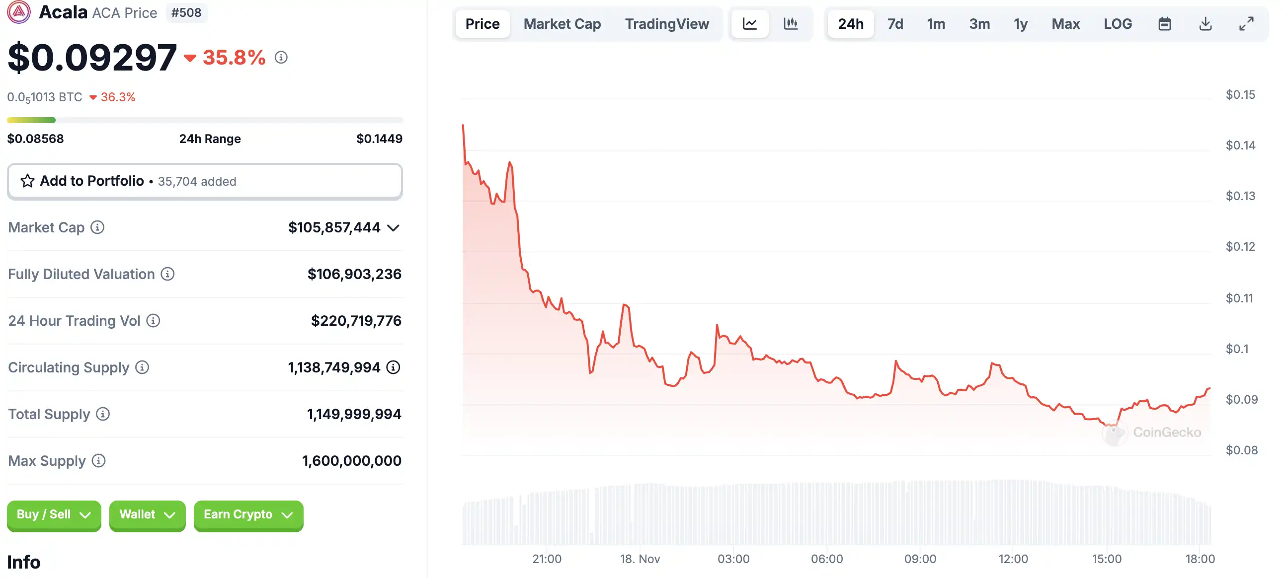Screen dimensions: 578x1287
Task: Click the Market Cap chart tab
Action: [562, 23]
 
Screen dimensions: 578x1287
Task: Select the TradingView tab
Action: [666, 23]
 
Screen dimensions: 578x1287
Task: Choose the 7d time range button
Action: [895, 23]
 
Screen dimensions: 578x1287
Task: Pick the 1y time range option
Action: [1020, 23]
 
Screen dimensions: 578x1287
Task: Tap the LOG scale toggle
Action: [1117, 23]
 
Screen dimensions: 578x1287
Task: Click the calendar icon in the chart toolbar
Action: [1164, 23]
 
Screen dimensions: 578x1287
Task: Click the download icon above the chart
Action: [1205, 23]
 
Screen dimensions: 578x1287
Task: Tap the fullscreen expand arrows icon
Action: [1246, 23]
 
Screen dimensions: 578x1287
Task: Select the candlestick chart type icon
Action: [791, 23]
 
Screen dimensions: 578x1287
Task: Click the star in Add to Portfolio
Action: [27, 181]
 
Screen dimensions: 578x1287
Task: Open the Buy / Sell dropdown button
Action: [54, 514]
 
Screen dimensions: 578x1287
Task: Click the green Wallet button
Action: [147, 514]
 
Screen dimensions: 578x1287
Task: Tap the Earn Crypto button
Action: [248, 514]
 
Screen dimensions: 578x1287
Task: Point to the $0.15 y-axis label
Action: [1240, 94]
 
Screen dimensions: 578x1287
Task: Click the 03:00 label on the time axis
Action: [733, 559]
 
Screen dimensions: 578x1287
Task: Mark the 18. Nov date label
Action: [640, 559]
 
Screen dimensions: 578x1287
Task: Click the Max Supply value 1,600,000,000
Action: [351, 460]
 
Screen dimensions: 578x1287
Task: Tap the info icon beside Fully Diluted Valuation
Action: [167, 274]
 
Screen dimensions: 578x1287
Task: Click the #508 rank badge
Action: [186, 12]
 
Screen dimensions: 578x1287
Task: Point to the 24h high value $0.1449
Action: [379, 138]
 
